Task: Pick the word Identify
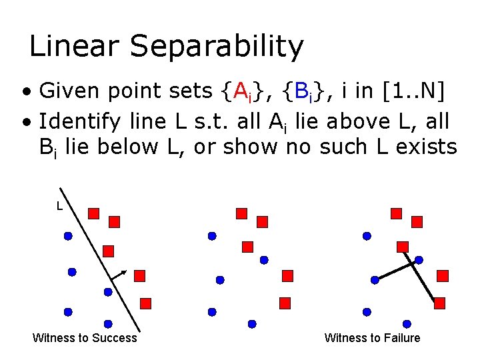tap(80, 122)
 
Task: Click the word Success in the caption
tap(113, 338)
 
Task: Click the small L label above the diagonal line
tap(60, 207)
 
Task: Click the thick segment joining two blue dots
tap(397, 270)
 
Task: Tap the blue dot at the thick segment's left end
tap(375, 280)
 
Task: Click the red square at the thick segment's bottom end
tap(439, 303)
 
